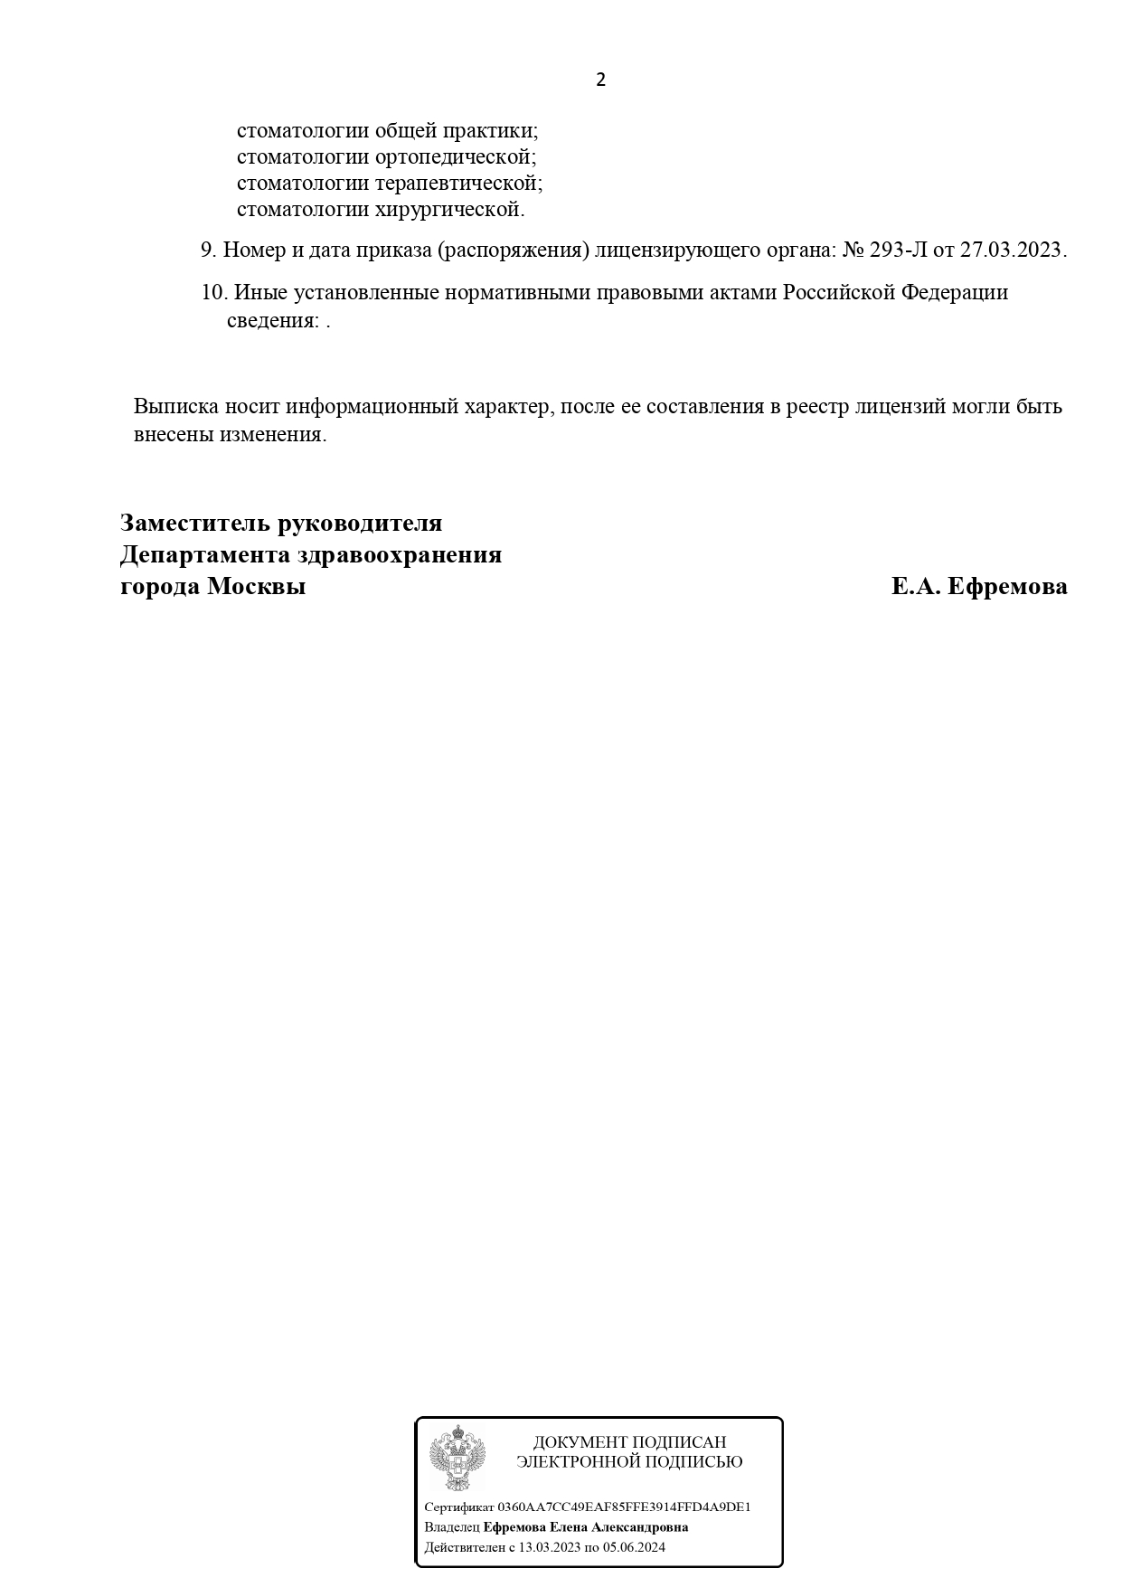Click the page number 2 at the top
pos(600,80)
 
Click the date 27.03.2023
pos(1013,250)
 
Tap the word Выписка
pos(171,407)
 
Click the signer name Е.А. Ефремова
pos(979,587)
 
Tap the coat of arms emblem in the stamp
pos(457,1459)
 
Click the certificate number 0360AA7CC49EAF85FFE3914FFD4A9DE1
pos(624,1507)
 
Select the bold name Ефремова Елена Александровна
pos(586,1527)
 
